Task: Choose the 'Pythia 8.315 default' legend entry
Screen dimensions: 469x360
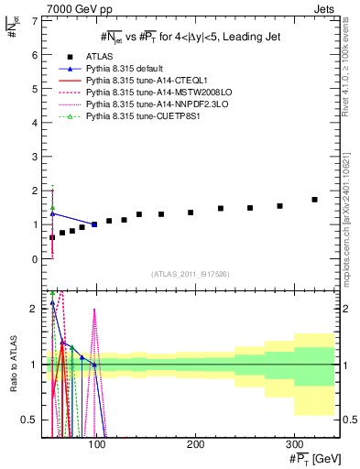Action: click(128, 69)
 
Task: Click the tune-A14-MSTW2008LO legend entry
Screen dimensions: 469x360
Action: click(148, 93)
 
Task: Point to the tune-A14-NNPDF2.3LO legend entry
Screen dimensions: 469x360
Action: click(148, 104)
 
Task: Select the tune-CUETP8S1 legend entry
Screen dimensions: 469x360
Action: click(136, 116)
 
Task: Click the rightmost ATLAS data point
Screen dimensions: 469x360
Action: click(314, 200)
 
